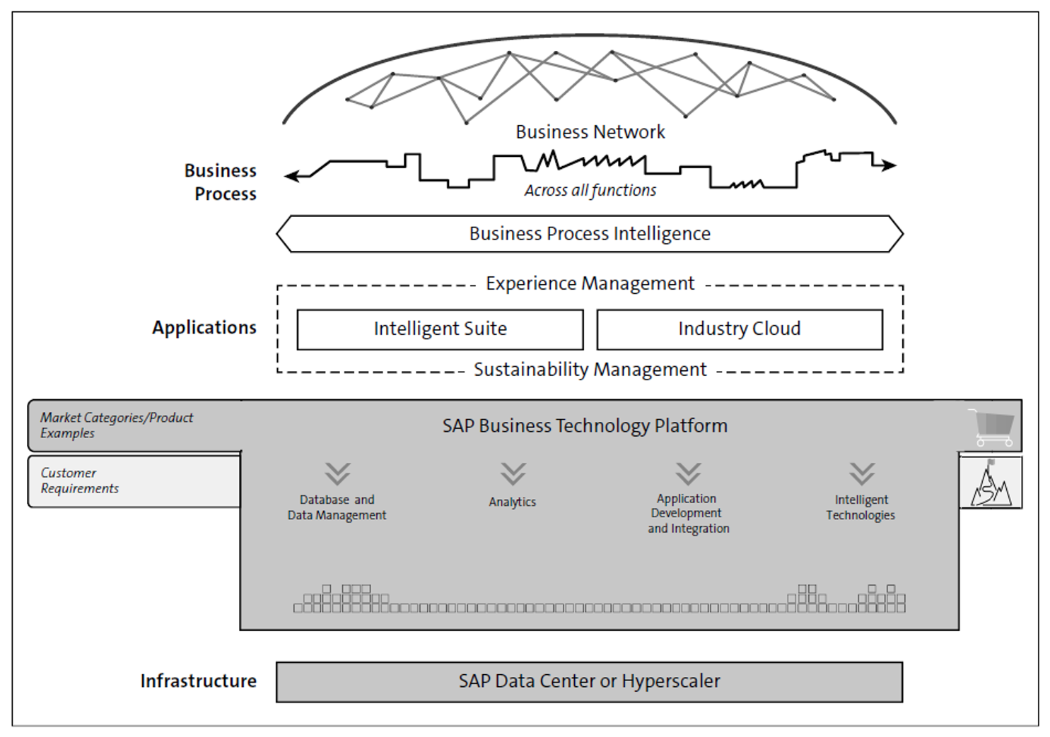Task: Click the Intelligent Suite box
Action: coord(440,329)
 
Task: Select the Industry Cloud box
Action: coord(739,329)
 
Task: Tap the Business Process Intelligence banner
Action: coord(590,234)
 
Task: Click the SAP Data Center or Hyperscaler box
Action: coord(589,681)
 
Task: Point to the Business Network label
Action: coord(590,132)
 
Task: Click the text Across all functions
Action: coord(590,190)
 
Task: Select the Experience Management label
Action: coord(590,283)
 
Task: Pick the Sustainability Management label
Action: coord(590,370)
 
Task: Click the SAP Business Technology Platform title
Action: coord(585,425)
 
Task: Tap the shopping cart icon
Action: coord(993,427)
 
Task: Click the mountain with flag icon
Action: coord(990,483)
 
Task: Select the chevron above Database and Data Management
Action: coord(337,473)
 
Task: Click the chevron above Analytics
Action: coord(513,473)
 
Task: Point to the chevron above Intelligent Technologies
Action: coord(862,473)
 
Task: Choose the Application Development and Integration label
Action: coord(688,514)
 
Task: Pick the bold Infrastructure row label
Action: coord(198,681)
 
